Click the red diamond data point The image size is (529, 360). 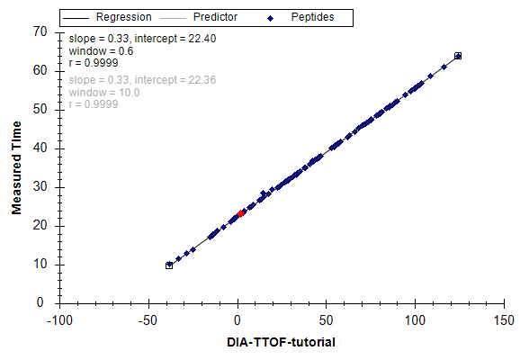(240, 213)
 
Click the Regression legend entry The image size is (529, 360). (107, 17)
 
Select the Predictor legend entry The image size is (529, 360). (199, 17)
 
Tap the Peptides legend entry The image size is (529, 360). (300, 17)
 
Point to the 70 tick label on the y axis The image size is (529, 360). (40, 31)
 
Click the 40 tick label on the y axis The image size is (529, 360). (40, 148)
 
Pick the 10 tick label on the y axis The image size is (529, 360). (40, 264)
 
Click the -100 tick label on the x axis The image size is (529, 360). (59, 320)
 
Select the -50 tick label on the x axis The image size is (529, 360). (148, 320)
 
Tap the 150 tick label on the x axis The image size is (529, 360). (504, 320)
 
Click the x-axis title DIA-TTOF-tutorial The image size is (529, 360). (281, 342)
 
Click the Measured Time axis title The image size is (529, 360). (16, 167)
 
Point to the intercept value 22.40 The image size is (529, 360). (202, 39)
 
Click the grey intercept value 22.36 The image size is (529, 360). (202, 80)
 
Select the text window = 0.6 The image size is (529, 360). (101, 51)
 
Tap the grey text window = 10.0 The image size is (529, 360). (104, 93)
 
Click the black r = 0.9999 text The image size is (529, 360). (94, 63)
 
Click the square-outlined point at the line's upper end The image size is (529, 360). (458, 56)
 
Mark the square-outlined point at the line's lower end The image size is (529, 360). (169, 265)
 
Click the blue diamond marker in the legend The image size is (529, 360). (270, 19)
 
